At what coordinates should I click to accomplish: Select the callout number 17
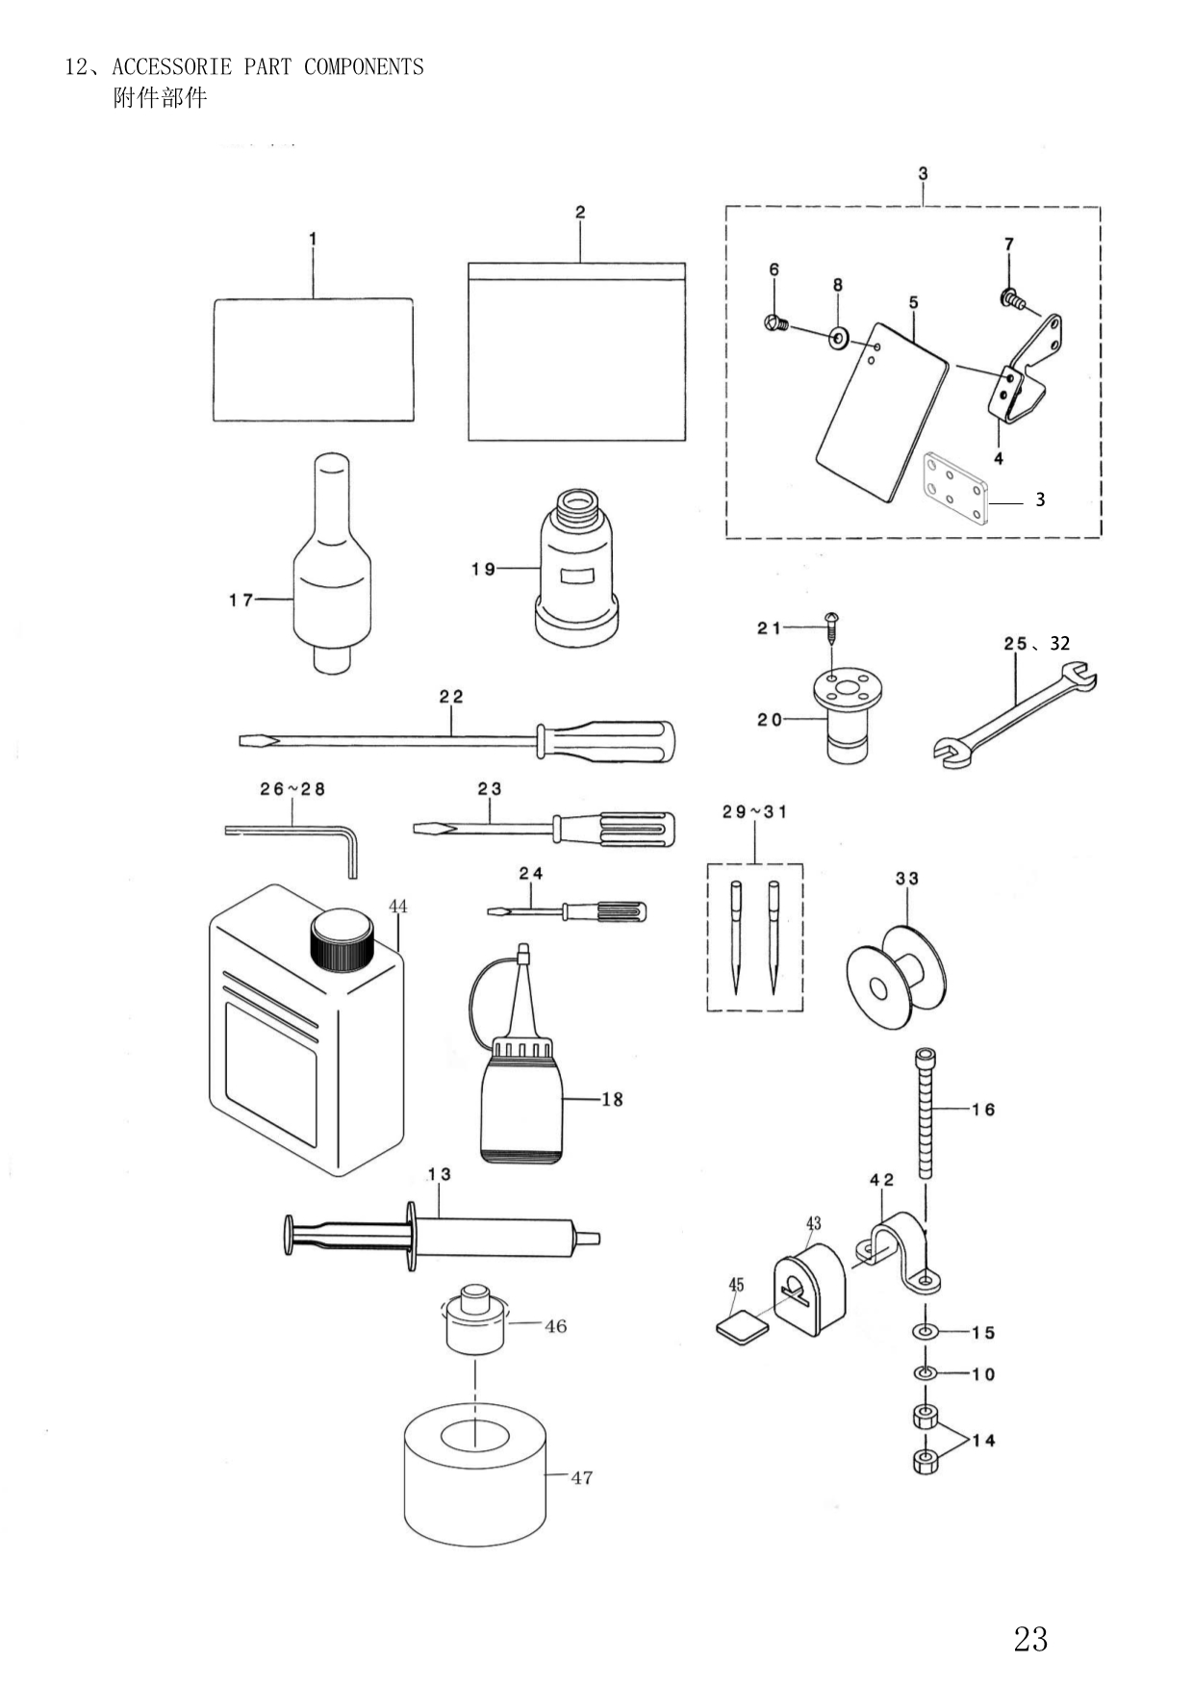[241, 600]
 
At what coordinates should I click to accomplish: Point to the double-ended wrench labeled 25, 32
[1015, 714]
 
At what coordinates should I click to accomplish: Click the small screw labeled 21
[830, 630]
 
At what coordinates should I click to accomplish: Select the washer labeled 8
[838, 336]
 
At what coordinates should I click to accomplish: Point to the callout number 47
[581, 1477]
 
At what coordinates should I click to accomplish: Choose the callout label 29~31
[754, 811]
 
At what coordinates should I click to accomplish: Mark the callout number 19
[483, 569]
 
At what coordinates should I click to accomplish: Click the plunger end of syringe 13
[288, 1235]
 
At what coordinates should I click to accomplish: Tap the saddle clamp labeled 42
[899, 1247]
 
